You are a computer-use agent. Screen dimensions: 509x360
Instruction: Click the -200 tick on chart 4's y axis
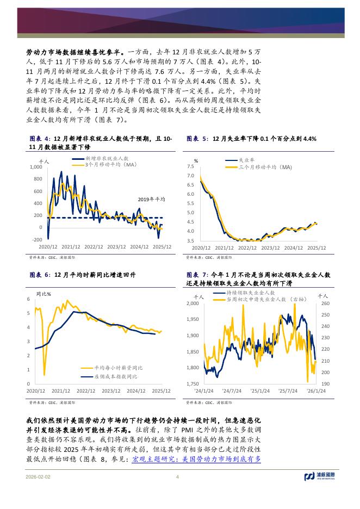click(x=36, y=240)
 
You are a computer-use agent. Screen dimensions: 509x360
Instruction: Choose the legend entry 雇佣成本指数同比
click(x=115, y=376)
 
